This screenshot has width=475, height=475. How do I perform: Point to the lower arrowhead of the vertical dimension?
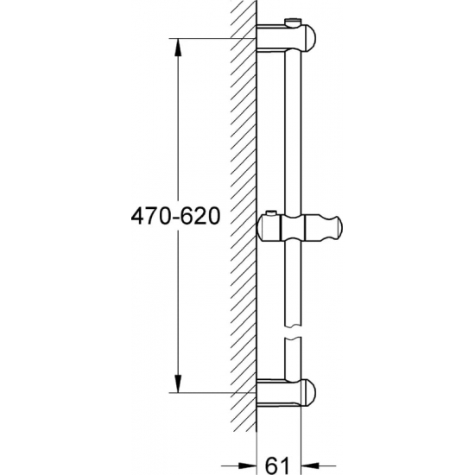pyautogui.click(x=179, y=387)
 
